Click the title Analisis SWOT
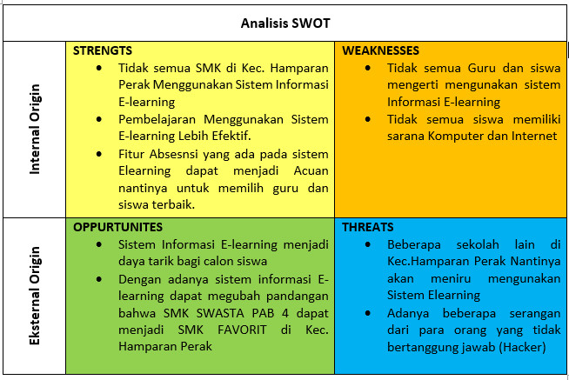(285, 22)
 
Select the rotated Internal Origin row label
(36, 130)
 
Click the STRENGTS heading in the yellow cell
(103, 51)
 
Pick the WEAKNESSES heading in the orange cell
(380, 51)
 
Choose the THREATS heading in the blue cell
(368, 227)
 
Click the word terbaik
(172, 204)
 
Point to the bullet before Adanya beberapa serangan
(369, 313)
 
